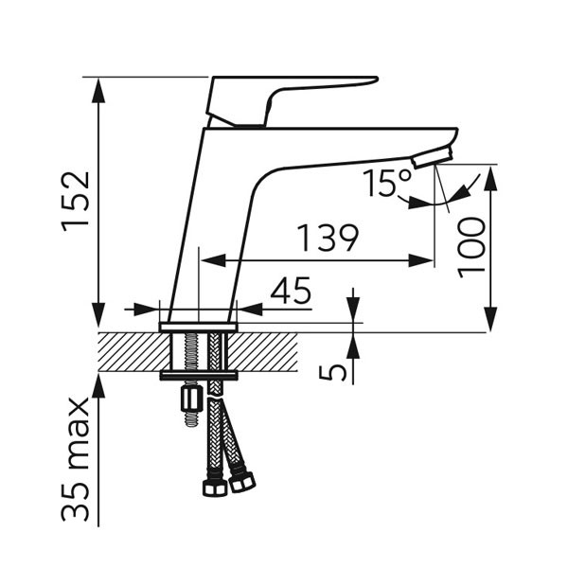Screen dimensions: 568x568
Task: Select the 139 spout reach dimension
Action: tap(328, 239)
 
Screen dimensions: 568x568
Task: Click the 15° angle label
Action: tap(387, 181)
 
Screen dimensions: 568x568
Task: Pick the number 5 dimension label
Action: tap(333, 369)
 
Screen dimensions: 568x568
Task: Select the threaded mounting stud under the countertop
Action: tap(200, 352)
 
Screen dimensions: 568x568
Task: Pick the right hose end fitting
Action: tap(243, 480)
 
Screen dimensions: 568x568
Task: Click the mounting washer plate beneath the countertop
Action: tap(199, 376)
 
